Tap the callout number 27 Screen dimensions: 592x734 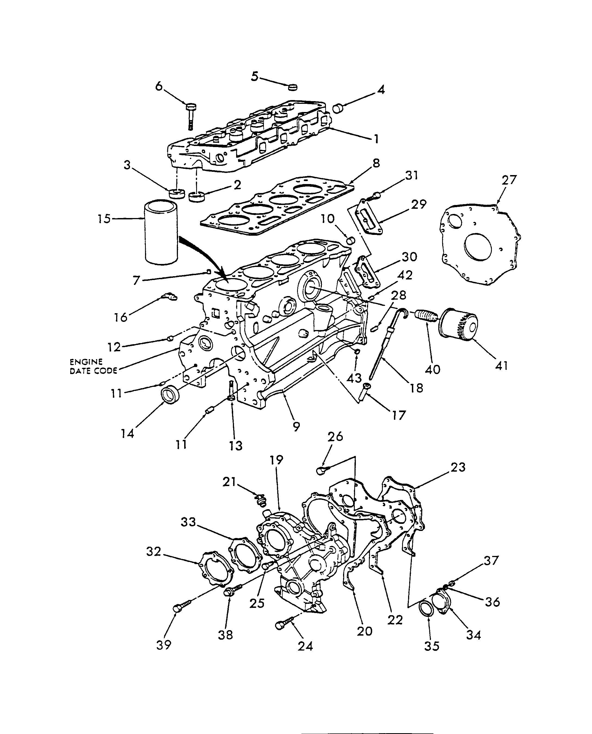point(508,180)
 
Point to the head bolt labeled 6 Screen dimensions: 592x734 point(190,116)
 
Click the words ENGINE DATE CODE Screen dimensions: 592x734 point(93,366)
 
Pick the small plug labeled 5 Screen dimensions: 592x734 point(292,87)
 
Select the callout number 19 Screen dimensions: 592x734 point(277,460)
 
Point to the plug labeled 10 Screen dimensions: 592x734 point(351,240)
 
